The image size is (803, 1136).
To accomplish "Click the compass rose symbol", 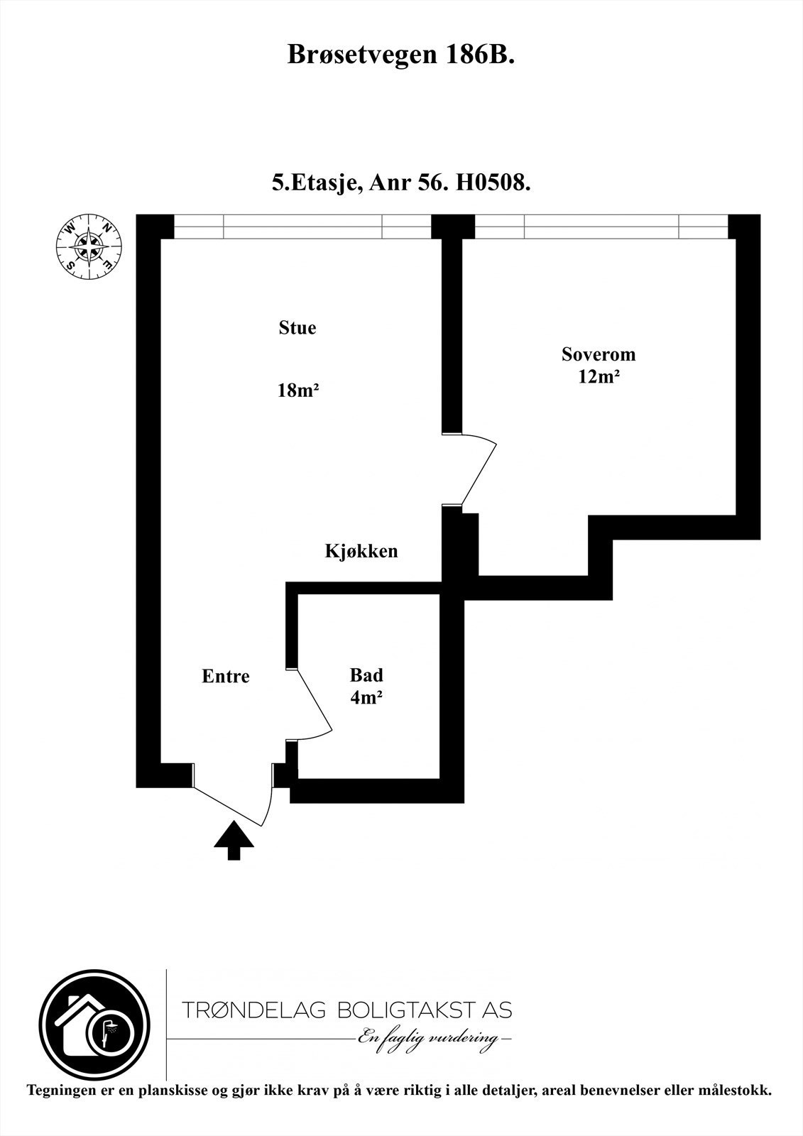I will [x=88, y=246].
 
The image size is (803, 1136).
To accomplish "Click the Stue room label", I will [x=297, y=328].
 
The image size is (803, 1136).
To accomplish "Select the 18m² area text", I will [x=297, y=390].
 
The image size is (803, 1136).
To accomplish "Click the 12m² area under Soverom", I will [x=599, y=377].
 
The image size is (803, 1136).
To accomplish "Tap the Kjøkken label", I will [x=361, y=551].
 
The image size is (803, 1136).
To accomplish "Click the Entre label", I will [x=226, y=676].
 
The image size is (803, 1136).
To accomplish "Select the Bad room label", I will [x=366, y=674].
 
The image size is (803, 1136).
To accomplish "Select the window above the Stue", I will [x=302, y=227].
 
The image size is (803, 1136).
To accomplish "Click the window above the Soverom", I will [x=601, y=227].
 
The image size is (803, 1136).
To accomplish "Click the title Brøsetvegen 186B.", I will [x=400, y=55].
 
